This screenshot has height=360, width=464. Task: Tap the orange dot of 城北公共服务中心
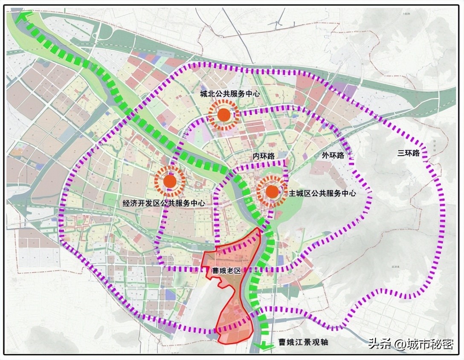223,115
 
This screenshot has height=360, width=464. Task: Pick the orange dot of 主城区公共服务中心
272,192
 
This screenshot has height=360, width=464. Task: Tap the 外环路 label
333,155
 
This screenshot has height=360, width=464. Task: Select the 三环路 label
409,153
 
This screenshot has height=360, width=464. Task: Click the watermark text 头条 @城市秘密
410,344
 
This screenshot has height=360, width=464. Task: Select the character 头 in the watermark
374,344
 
